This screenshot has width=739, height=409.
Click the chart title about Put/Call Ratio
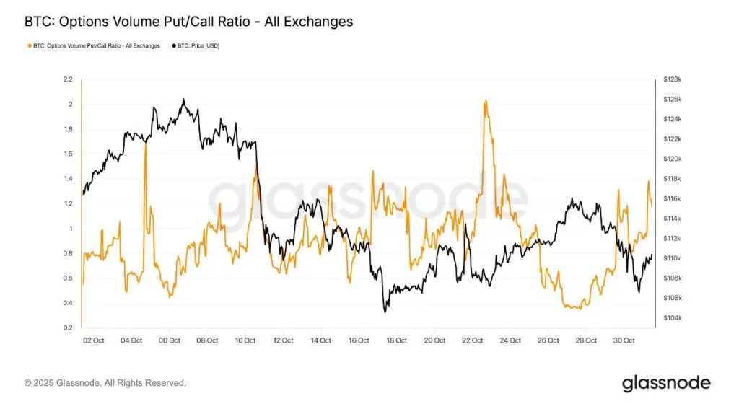point(189,22)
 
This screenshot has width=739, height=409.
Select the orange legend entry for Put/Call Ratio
point(94,45)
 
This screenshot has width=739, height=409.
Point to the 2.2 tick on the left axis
point(68,79)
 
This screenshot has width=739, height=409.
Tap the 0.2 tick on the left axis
point(68,327)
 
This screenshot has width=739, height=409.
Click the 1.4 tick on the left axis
point(68,178)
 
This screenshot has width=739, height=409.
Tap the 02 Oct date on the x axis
point(95,340)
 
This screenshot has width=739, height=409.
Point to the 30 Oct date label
point(624,340)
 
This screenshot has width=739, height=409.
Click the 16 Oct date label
point(359,340)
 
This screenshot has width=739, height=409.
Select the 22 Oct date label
point(472,340)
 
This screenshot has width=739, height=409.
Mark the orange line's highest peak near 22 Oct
point(486,101)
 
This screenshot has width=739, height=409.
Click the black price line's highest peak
point(183,100)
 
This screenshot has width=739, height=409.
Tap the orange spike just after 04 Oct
point(146,142)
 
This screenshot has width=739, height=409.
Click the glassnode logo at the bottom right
point(665,383)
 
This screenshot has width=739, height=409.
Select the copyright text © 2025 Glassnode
point(105,383)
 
